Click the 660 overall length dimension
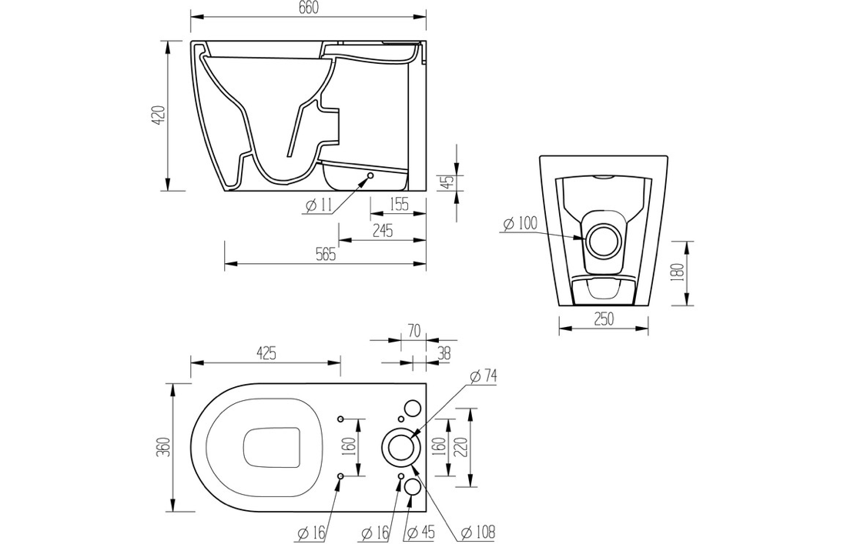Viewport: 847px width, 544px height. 308,8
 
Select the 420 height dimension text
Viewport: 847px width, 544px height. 157,116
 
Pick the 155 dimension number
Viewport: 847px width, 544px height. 398,204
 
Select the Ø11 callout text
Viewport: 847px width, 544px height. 317,205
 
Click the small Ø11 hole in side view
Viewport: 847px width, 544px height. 370,175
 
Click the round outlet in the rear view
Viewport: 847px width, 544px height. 602,240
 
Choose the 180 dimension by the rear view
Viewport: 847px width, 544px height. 678,273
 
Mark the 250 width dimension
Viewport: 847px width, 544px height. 604,319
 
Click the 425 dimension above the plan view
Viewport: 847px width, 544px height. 266,353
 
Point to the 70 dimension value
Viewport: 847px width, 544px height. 413,331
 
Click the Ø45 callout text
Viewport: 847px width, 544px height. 421,532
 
